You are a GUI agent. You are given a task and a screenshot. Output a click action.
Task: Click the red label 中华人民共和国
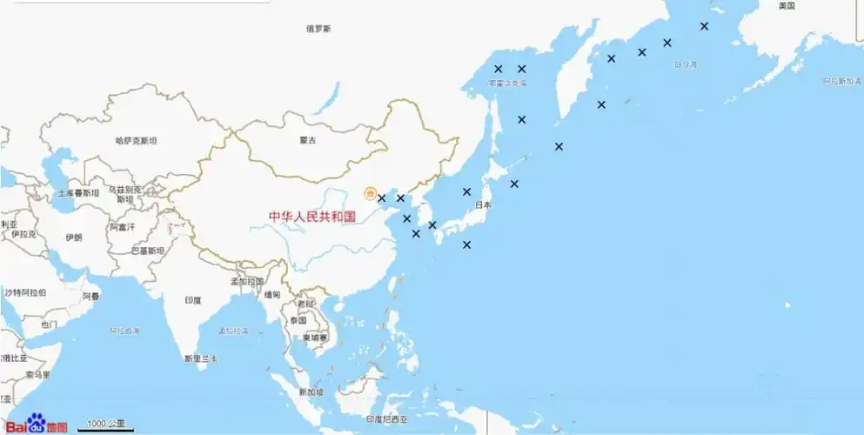click(312, 217)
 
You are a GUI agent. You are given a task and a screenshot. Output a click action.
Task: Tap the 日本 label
click(483, 205)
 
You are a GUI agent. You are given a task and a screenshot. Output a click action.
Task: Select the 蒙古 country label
click(308, 140)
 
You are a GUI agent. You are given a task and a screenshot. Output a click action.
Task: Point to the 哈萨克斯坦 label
click(137, 140)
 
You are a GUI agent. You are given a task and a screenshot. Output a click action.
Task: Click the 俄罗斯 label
click(318, 29)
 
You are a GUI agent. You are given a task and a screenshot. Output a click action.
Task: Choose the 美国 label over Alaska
click(787, 6)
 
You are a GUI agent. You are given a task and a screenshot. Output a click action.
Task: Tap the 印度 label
click(193, 300)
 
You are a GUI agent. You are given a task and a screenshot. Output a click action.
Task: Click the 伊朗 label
click(74, 237)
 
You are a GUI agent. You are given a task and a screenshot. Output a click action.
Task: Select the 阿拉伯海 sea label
click(124, 331)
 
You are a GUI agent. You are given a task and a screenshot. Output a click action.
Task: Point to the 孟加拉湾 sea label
click(233, 331)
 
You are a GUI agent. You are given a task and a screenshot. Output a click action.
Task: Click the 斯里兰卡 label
click(201, 358)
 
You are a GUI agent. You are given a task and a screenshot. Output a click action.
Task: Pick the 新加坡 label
click(311, 392)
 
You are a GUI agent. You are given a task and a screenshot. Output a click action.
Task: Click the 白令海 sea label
click(686, 64)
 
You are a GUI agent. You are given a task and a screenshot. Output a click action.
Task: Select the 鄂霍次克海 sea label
click(507, 84)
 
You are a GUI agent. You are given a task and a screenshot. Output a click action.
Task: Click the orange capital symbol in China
click(370, 193)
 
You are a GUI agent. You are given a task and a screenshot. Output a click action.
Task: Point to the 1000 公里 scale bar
click(106, 425)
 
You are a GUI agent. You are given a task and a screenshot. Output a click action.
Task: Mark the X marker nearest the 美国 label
click(704, 26)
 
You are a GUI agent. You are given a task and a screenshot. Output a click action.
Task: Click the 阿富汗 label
click(123, 227)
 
